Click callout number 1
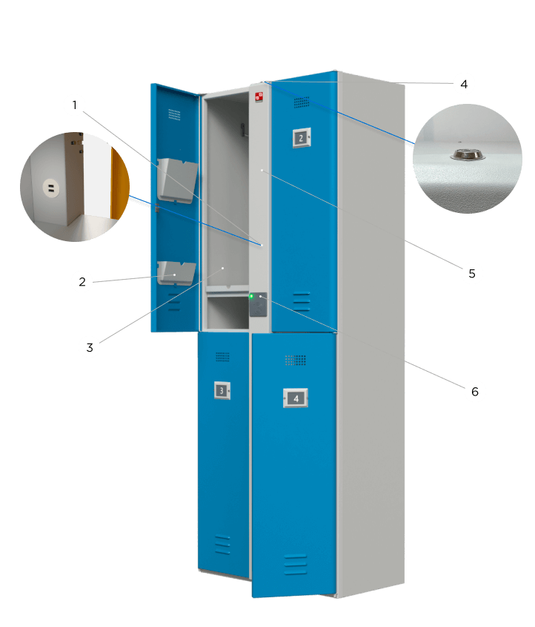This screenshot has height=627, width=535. click(x=73, y=106)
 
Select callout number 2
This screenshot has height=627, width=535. click(x=82, y=281)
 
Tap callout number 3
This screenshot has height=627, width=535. click(x=89, y=347)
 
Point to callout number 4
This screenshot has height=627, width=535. click(x=463, y=84)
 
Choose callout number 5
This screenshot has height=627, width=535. click(x=471, y=273)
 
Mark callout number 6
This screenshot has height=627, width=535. click(x=475, y=390)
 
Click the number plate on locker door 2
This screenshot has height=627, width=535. click(x=301, y=137)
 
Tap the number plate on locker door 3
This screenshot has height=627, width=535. click(x=221, y=390)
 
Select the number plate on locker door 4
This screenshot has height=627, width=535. click(x=296, y=398)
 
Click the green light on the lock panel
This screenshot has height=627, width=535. click(x=251, y=297)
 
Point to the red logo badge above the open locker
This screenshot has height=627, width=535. click(x=259, y=96)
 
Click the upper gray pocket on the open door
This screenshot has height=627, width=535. click(x=177, y=179)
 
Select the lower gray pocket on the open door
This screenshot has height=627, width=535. click(x=176, y=272)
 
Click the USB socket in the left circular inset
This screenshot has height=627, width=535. click(x=50, y=189)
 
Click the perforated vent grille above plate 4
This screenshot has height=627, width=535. click(x=296, y=360)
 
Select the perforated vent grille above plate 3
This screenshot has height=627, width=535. click(x=222, y=357)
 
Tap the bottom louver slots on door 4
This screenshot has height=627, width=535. click(x=295, y=564)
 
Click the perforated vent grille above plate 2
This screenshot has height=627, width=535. click(x=302, y=102)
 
